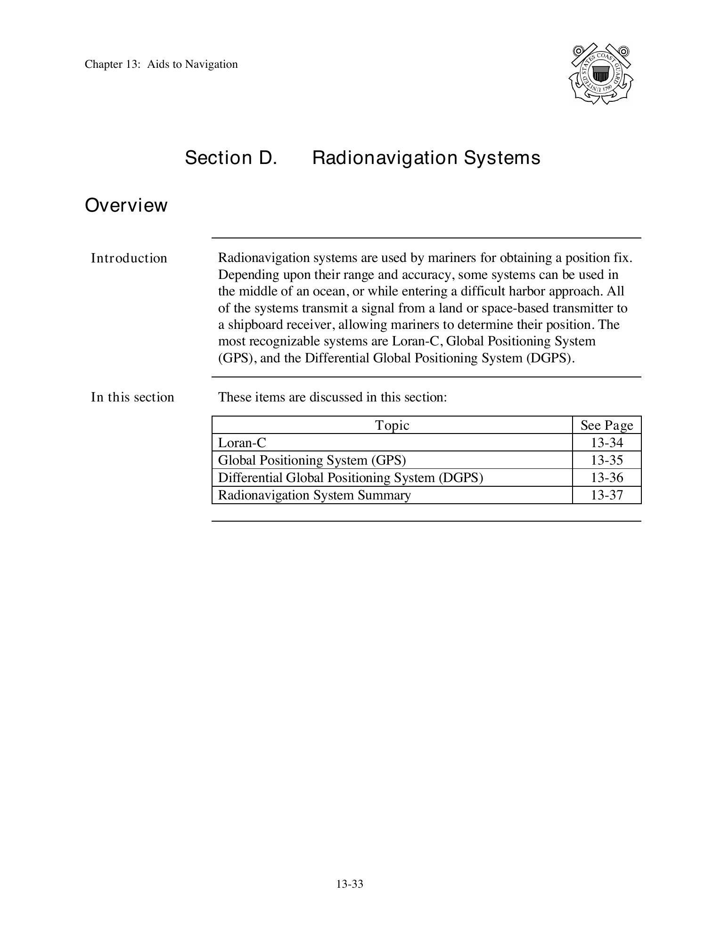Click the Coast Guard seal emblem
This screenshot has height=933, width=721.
(x=600, y=74)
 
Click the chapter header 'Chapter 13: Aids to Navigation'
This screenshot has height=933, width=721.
(x=161, y=64)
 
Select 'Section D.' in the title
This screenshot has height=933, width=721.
(x=230, y=157)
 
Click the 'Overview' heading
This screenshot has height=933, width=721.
(x=126, y=205)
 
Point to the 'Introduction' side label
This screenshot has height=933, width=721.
(x=129, y=258)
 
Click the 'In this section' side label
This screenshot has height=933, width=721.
(x=132, y=397)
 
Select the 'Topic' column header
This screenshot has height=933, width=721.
(x=392, y=426)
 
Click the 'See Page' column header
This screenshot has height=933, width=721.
(x=606, y=426)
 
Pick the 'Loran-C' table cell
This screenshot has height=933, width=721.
(x=242, y=443)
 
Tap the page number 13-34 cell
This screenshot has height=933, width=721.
(x=606, y=443)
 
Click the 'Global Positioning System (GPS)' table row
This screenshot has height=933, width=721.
(x=311, y=460)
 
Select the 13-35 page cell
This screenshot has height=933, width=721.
(x=606, y=460)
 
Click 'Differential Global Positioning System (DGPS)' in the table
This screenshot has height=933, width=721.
(x=350, y=478)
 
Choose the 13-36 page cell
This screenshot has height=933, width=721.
(x=606, y=478)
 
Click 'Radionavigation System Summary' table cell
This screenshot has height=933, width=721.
(x=314, y=495)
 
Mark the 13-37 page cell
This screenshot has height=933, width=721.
(x=606, y=495)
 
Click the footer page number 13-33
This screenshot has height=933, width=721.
(x=350, y=884)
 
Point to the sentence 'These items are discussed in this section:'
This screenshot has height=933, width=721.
(x=332, y=397)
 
